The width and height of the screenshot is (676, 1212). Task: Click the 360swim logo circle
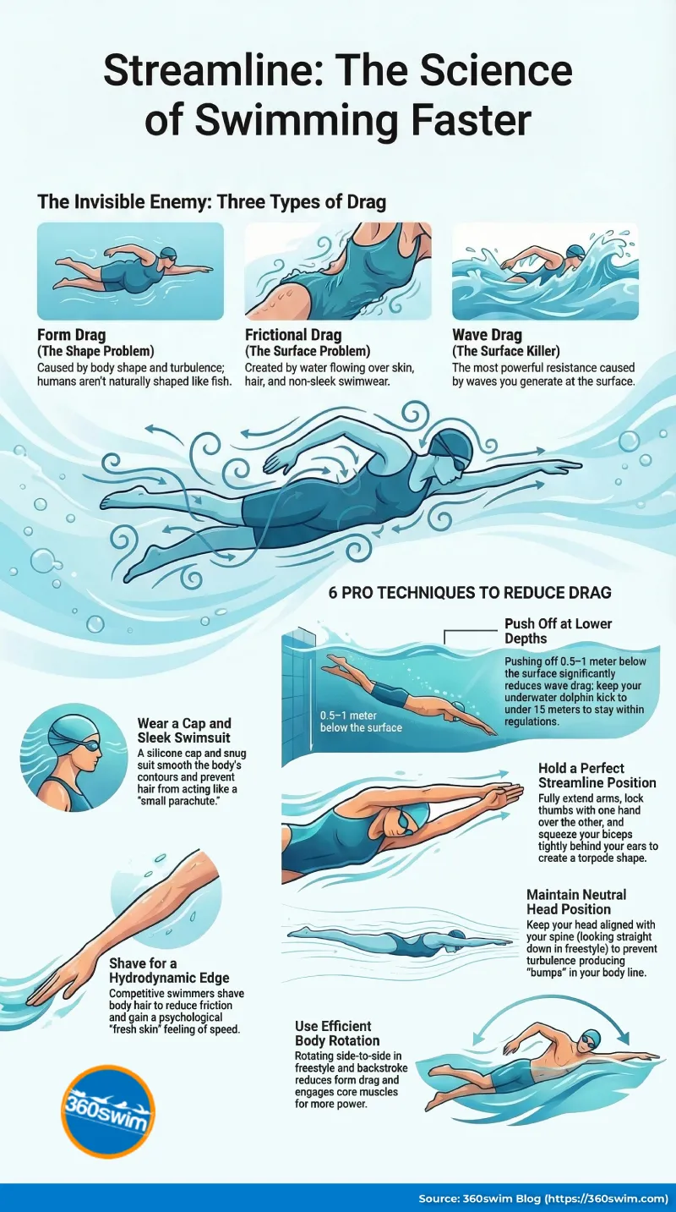(107, 1111)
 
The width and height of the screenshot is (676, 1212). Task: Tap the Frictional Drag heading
(293, 336)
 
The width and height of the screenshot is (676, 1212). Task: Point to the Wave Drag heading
(488, 336)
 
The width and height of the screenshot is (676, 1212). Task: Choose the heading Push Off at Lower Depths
(558, 630)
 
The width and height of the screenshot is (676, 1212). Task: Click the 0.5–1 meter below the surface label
(361, 721)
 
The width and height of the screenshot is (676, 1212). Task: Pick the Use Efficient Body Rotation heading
(337, 1033)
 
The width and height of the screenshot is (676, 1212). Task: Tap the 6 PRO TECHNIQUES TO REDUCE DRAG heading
(469, 593)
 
